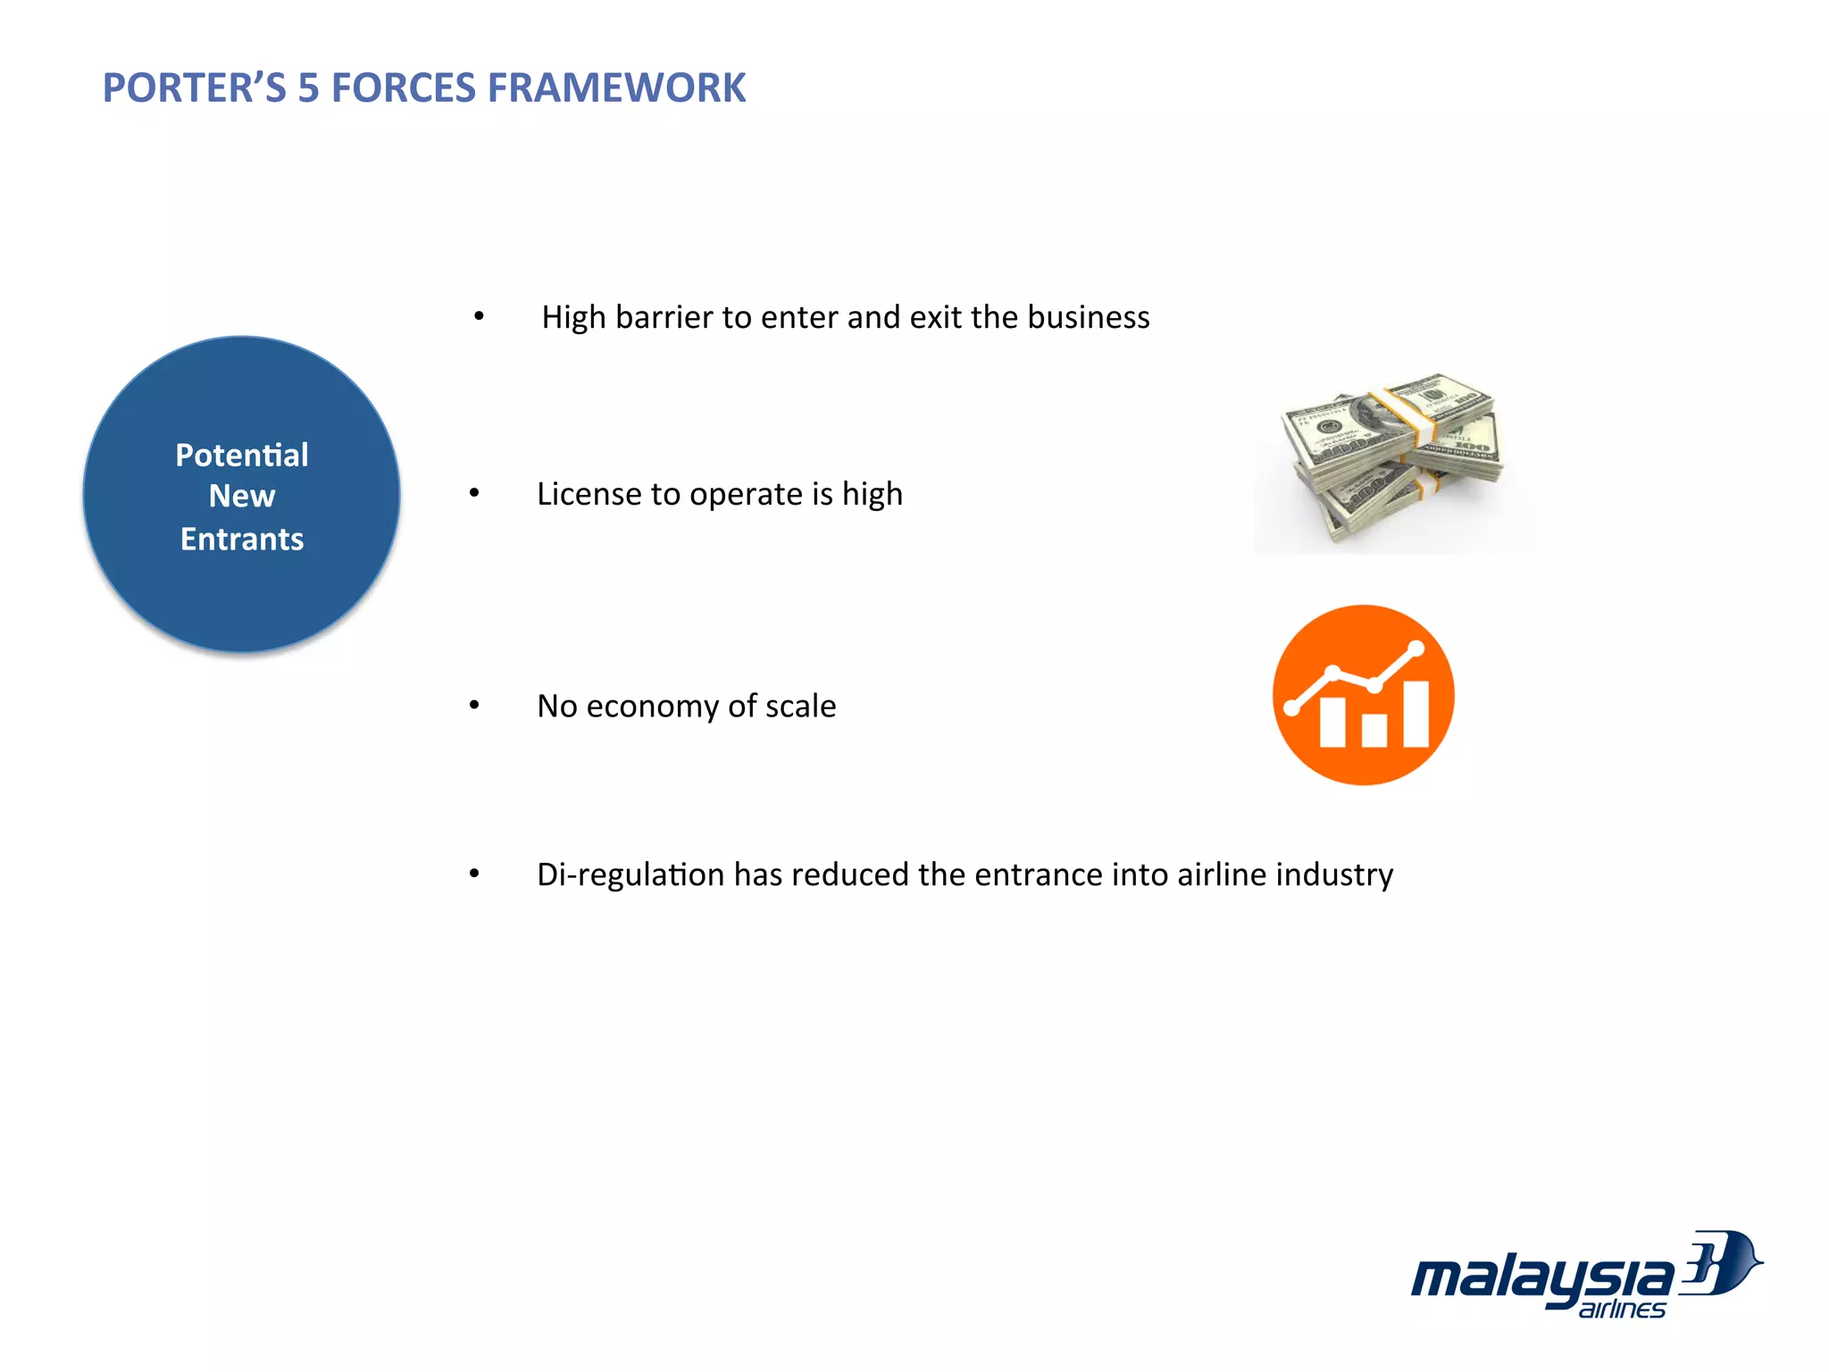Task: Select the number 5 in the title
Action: tap(308, 88)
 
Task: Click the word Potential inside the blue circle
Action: tap(242, 456)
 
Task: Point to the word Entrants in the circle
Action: tap(242, 540)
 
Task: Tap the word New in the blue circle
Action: tap(242, 497)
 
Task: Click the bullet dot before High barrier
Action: tap(479, 316)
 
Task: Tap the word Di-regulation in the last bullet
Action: tap(631, 875)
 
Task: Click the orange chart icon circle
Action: tap(1364, 695)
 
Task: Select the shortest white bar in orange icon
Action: tap(1374, 730)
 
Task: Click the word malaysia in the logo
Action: tap(1541, 1278)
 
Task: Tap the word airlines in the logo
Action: tap(1622, 1309)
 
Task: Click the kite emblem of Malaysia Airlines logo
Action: tap(1719, 1263)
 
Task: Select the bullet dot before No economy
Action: tap(474, 706)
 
